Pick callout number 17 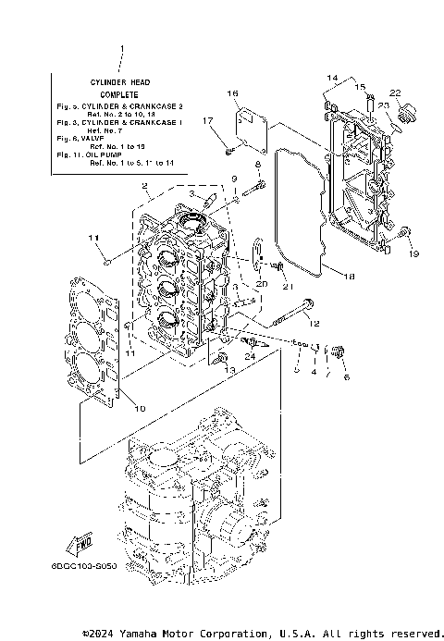coord(209,120)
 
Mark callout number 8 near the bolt coord(258,164)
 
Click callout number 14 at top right coord(333,77)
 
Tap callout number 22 coord(395,93)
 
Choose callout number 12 coord(314,324)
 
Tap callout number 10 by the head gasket coord(141,408)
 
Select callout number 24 coord(250,355)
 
